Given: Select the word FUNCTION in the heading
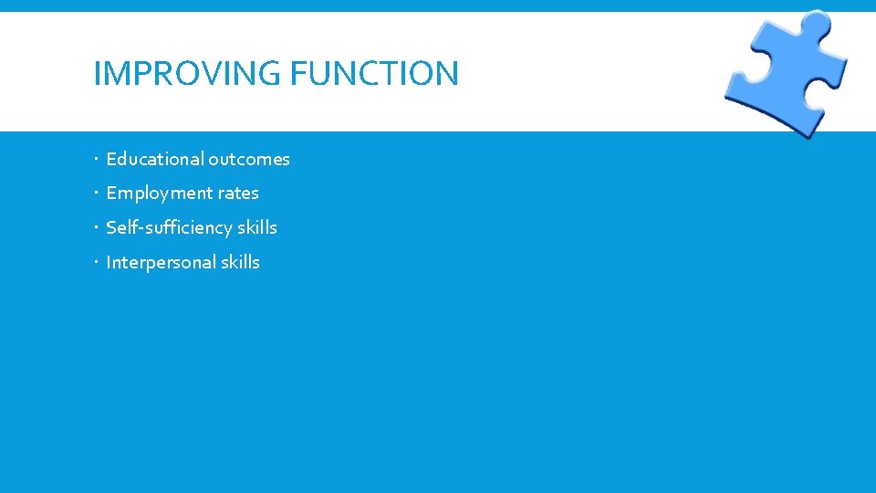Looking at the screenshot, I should click(x=374, y=73).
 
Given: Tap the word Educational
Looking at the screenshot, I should click(x=155, y=159).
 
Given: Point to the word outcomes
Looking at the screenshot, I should click(x=249, y=159).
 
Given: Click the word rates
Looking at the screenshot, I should click(x=238, y=194).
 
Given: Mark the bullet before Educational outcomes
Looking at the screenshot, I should click(x=96, y=160).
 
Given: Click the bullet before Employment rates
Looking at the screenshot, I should click(x=96, y=194).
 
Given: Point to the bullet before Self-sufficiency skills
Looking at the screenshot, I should click(x=96, y=228).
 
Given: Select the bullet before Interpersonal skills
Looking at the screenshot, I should click(x=96, y=263).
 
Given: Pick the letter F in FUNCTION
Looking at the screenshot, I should click(x=297, y=73).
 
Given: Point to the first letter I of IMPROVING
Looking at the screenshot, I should click(x=97, y=73).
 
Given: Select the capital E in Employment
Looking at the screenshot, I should click(x=111, y=194).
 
